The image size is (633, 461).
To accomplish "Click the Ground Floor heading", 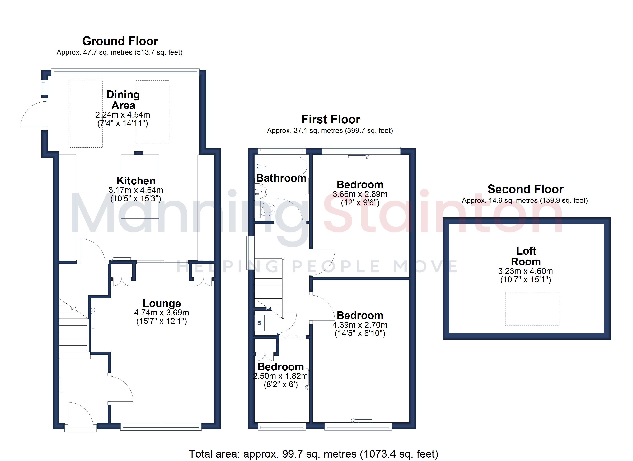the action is point(120,41).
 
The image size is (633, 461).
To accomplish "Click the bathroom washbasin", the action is point(261,192).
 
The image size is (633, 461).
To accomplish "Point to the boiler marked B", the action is point(259,323).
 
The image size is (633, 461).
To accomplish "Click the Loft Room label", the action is point(526,256).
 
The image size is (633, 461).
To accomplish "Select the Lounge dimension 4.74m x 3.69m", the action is point(162,312).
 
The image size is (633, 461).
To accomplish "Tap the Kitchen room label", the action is point(136,181).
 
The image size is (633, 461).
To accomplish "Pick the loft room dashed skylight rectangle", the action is point(532,309).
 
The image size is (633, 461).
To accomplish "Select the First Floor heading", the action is point(331,119).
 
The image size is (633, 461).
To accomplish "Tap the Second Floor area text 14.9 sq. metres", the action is point(525,201).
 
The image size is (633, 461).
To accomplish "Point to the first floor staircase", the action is point(269,288).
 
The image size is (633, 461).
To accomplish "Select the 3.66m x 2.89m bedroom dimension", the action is point(360,194).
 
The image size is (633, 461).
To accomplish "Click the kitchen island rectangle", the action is point(140,187).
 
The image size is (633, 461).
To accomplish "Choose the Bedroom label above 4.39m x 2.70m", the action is point(360,315).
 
